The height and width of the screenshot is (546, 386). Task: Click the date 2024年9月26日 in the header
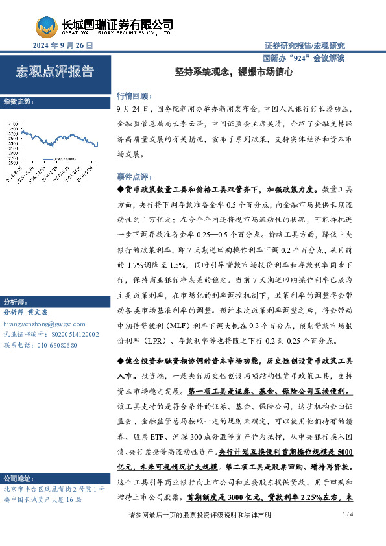click(63, 46)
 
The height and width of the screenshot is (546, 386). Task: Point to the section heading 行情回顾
click(133, 95)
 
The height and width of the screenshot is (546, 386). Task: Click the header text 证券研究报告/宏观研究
click(305, 46)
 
